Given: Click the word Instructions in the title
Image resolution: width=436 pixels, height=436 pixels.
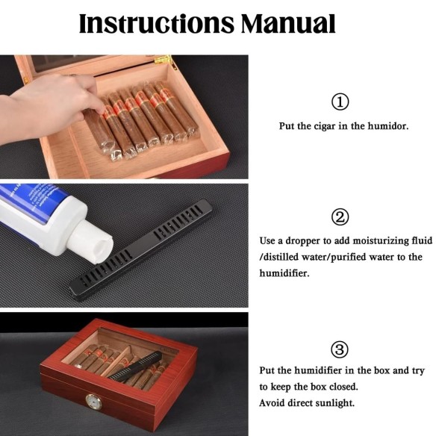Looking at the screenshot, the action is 157,23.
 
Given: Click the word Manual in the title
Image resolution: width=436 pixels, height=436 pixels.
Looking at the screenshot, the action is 288,23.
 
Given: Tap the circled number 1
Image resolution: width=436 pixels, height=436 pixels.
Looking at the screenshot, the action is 340,102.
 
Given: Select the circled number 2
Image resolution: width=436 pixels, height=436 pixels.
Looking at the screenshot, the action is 340,217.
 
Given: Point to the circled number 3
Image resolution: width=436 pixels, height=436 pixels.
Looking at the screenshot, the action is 340,349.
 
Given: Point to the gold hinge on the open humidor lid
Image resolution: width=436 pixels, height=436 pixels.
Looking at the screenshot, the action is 164,60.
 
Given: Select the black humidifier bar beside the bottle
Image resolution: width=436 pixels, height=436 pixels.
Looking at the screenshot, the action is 141,249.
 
